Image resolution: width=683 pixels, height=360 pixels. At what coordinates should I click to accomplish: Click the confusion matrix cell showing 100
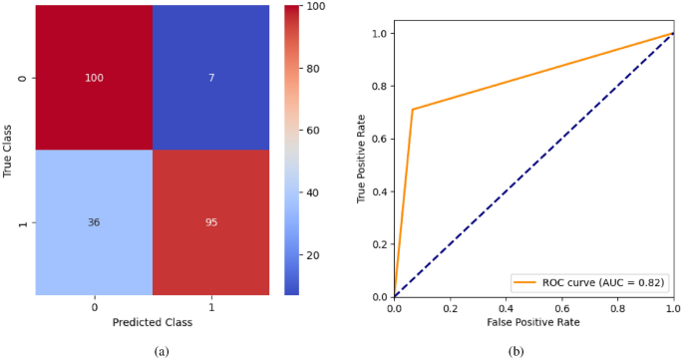95,78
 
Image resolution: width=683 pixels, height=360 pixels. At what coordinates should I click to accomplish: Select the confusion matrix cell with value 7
210,78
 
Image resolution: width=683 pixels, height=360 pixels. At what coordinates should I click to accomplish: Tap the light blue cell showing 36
95,223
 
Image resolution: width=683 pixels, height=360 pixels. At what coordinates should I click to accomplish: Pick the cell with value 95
210,223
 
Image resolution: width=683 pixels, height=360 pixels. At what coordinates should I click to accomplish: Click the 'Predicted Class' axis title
153,323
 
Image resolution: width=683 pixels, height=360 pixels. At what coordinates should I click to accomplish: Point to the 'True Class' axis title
9,151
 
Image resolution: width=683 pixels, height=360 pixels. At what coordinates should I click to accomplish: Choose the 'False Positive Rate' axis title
533,323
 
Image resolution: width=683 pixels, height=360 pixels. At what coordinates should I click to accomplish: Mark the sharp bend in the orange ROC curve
412,110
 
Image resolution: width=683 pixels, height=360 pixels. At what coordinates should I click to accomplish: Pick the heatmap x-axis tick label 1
210,307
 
